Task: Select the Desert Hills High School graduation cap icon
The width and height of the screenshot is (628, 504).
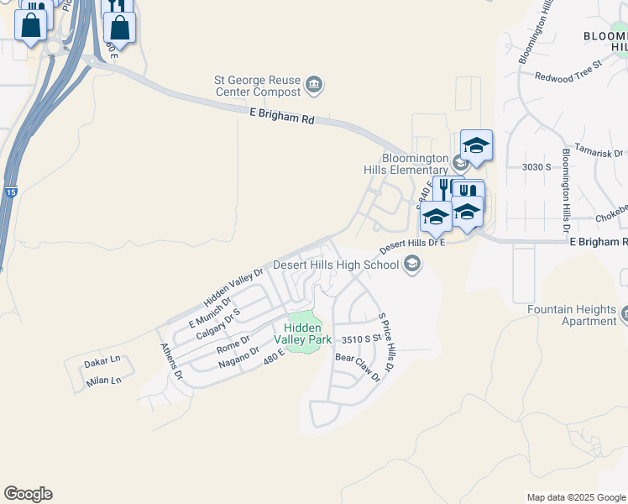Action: click(x=411, y=265)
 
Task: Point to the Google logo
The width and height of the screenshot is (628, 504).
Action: click(x=28, y=494)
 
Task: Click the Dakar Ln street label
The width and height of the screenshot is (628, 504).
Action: click(x=103, y=361)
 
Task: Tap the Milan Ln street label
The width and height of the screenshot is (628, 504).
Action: click(x=103, y=381)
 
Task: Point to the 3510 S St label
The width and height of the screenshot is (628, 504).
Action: click(x=362, y=339)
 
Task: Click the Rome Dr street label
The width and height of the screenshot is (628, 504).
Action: click(x=233, y=344)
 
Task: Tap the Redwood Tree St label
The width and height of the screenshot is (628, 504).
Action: click(x=569, y=70)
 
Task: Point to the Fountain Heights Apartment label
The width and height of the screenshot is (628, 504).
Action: click(x=571, y=315)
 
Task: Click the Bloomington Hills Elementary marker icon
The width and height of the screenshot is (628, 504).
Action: click(x=460, y=161)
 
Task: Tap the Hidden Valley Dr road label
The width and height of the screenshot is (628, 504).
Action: click(x=233, y=287)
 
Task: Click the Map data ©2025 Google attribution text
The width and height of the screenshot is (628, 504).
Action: click(x=575, y=497)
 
